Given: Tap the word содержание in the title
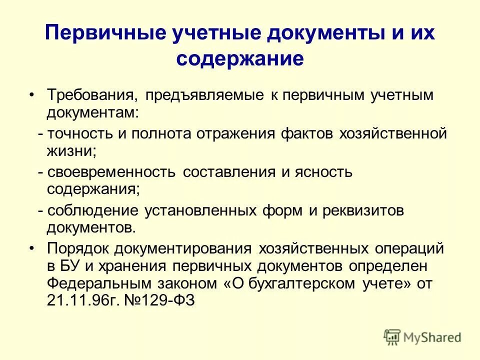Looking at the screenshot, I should tap(240, 59).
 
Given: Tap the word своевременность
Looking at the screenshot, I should tap(112, 172).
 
